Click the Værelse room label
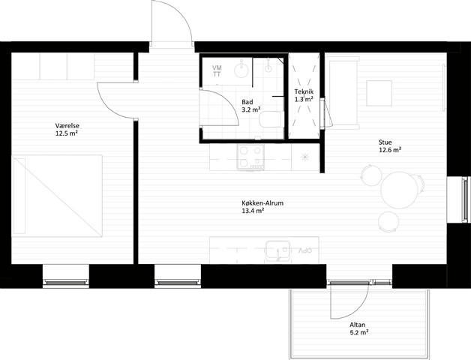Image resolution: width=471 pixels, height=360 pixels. coord(67,126)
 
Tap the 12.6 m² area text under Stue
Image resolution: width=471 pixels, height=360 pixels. coord(390,150)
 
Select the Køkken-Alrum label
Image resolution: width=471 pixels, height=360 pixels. coord(262,203)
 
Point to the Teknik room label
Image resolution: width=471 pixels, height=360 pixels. coord(304,91)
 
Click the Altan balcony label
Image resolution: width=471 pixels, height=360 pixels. coord(358,325)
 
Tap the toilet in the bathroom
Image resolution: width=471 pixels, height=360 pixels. coord(271,119)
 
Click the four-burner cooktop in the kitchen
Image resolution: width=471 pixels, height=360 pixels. coord(250,157)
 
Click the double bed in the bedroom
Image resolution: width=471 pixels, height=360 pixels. coord(57,196)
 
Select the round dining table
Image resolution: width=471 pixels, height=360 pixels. coord(400,190)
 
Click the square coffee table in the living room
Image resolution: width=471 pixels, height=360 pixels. coord(379,93)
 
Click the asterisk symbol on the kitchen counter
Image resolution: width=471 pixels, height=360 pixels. coord(305,157)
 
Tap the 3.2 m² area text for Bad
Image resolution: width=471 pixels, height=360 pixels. coord(250,109)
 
